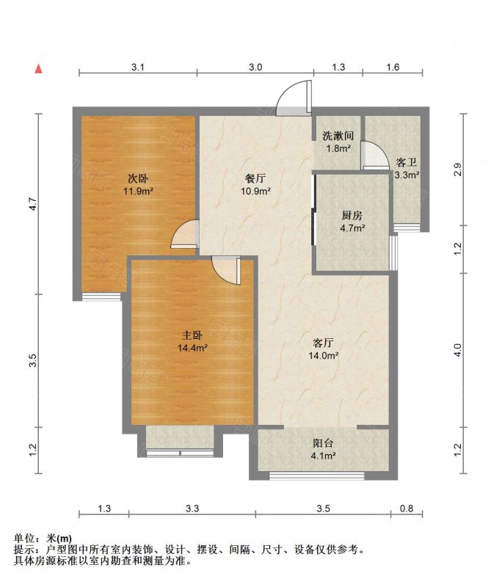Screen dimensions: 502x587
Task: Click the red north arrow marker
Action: point(39,69)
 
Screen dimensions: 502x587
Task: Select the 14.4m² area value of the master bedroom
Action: point(192,348)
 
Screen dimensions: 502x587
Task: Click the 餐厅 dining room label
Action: point(255,179)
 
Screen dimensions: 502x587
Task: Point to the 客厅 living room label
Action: point(323,343)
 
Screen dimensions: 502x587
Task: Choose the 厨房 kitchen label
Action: point(352,216)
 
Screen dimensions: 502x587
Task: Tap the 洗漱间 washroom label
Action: point(338,136)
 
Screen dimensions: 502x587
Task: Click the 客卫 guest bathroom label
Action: point(407,162)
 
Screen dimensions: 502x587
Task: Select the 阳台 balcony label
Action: point(323,443)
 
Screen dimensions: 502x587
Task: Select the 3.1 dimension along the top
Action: point(138,68)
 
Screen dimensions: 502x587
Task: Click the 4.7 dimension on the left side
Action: point(33,204)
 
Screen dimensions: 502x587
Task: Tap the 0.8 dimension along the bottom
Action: point(407,508)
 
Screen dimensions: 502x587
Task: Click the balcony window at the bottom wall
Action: point(317,475)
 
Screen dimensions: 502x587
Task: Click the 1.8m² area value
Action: point(338,148)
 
